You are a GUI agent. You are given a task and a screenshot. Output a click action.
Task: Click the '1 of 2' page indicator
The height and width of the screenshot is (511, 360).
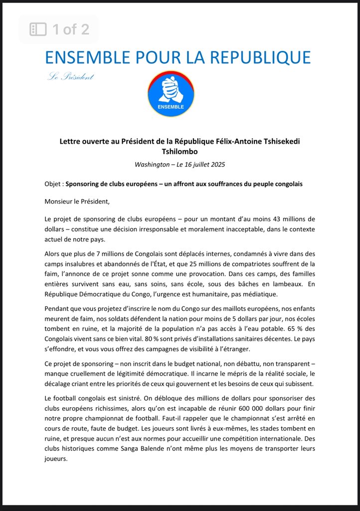71,29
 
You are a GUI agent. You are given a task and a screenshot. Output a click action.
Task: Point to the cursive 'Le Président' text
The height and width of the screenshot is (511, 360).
70,76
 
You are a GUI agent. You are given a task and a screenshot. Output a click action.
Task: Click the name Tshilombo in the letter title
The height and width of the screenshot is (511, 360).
180,152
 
